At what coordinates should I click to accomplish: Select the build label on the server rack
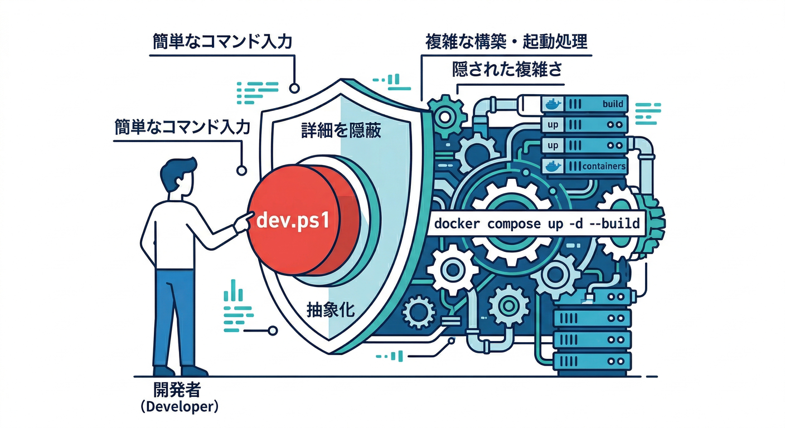[x=612, y=104]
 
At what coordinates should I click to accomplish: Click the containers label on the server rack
[x=603, y=166]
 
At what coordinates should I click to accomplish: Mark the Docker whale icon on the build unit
[x=553, y=104]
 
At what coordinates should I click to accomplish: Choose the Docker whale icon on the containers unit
[x=553, y=166]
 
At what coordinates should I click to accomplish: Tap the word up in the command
[x=549, y=225]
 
